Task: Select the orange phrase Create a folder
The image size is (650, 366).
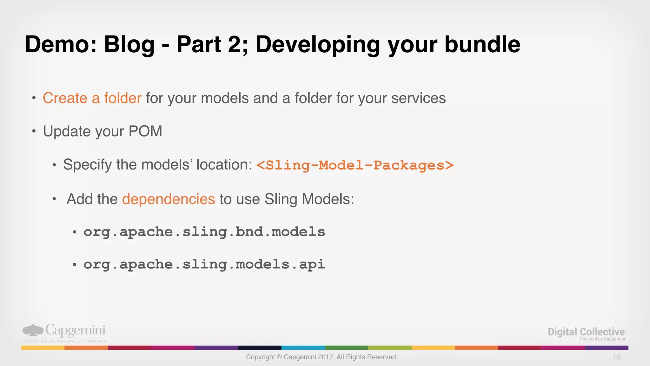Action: (x=92, y=98)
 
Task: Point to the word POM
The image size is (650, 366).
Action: (x=145, y=131)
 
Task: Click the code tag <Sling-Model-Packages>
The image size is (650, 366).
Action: (x=355, y=165)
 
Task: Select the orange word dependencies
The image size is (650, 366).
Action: (x=169, y=199)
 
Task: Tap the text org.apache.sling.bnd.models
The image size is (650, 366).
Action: (x=204, y=232)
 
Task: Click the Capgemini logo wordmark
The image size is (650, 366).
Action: (x=75, y=330)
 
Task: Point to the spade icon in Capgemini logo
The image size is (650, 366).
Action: (x=33, y=330)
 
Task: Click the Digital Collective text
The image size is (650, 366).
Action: (x=586, y=332)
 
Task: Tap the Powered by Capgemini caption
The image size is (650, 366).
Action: (x=602, y=339)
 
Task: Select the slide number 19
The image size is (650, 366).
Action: (x=616, y=357)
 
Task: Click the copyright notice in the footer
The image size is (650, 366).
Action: (x=321, y=357)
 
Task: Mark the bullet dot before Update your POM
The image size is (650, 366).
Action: (x=34, y=131)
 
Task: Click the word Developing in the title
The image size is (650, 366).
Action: (x=317, y=44)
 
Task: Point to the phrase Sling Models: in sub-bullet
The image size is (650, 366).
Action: (x=309, y=199)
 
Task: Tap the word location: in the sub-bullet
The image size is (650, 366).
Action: (x=224, y=165)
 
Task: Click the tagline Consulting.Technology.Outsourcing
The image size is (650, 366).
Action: (x=64, y=341)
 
